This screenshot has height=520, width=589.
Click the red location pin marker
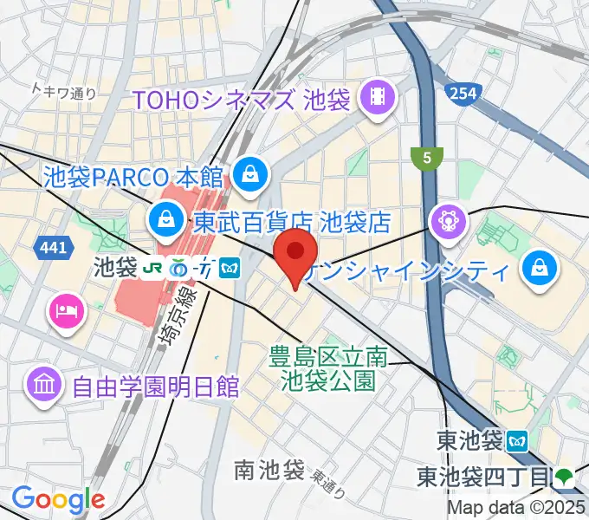(294, 253)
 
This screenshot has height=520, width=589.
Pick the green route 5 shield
(427, 158)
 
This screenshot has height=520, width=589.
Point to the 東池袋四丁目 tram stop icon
(564, 475)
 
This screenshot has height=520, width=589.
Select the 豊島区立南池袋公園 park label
(327, 367)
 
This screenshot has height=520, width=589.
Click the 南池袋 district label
(269, 471)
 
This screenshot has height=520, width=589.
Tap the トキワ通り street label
(63, 91)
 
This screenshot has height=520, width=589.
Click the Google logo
(58, 499)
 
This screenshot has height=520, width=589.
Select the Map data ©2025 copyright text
(515, 508)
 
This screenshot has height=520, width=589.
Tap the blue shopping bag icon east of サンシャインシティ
(539, 265)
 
